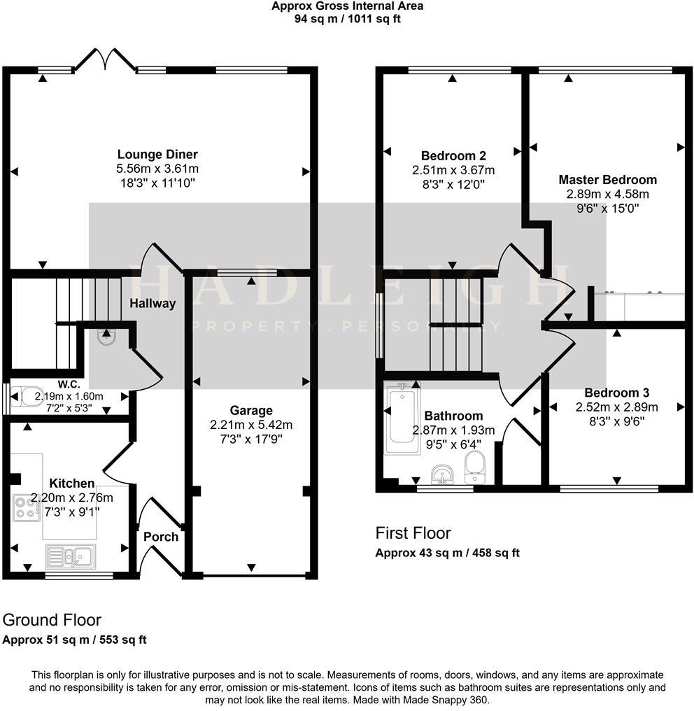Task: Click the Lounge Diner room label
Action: [x=157, y=155]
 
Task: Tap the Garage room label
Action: [x=251, y=410]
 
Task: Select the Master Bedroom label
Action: [x=607, y=180]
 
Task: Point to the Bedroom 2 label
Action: [x=453, y=155]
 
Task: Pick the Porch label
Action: [x=161, y=537]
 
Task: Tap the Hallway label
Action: [x=152, y=303]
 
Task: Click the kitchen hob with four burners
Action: [x=26, y=507]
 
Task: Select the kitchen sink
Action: [x=73, y=556]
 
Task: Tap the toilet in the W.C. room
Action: [x=23, y=395]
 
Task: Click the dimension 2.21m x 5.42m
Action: [x=251, y=425]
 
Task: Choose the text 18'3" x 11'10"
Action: [x=157, y=183]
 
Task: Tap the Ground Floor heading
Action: [x=52, y=620]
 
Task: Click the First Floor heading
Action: [x=413, y=533]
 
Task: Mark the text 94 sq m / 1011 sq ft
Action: [x=348, y=19]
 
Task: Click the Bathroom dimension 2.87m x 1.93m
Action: [x=453, y=430]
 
